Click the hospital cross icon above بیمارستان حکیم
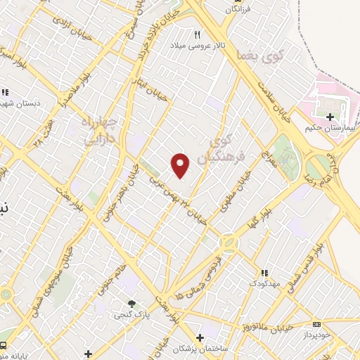click(x=330, y=115)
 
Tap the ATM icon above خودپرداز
click(x=316, y=324)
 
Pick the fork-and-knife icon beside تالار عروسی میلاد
click(x=198, y=34)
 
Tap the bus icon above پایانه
click(x=5, y=345)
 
